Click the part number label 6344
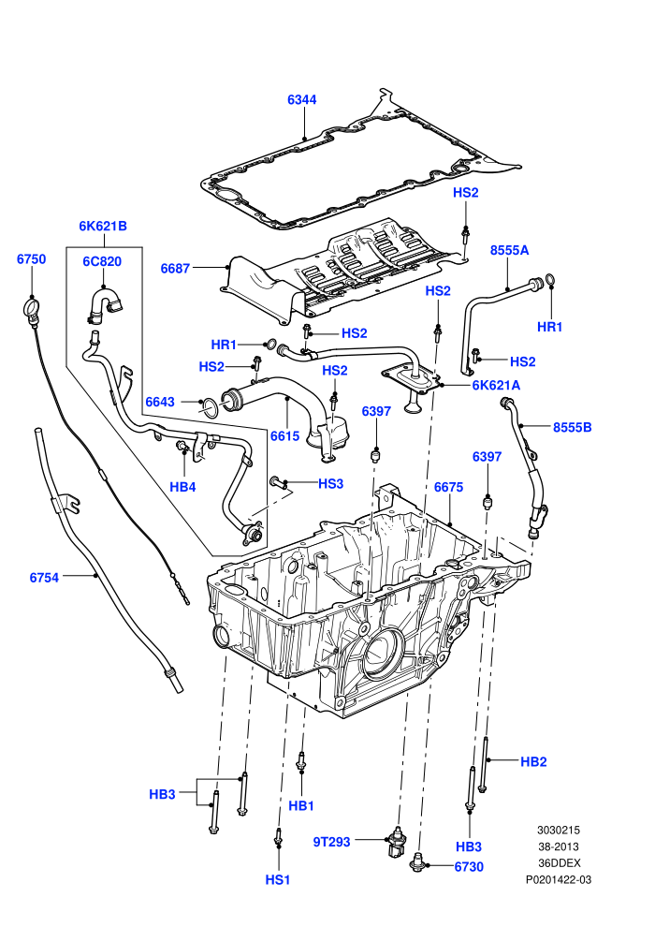(302, 99)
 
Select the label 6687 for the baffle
(175, 269)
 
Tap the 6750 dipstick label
(31, 259)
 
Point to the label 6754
(44, 578)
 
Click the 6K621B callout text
(103, 226)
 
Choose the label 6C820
(102, 261)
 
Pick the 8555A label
(510, 250)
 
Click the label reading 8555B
(573, 427)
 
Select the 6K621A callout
(496, 386)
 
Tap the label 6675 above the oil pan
(449, 487)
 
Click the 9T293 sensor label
(332, 842)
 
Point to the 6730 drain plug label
(469, 867)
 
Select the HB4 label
(182, 487)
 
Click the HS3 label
(330, 483)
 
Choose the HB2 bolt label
(533, 762)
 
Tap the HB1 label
(301, 806)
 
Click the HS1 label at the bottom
(278, 879)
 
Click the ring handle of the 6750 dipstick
(31, 307)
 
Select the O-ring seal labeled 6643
(209, 406)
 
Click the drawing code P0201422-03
(559, 879)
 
